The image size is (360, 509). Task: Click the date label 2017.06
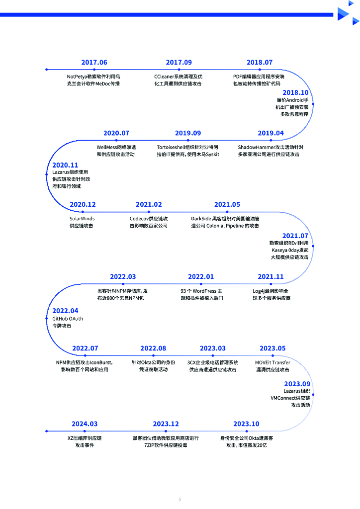(94, 63)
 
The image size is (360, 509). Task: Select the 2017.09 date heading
(179, 63)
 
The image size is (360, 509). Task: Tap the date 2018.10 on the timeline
(295, 92)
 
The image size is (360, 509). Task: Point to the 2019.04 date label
(270, 133)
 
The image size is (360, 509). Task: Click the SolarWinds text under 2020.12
(82, 219)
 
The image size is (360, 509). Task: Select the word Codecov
(139, 219)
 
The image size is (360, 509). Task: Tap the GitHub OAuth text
(68, 319)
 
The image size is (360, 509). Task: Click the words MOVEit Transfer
(272, 362)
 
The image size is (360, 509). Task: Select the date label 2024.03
(85, 424)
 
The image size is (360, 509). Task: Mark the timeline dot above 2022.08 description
(153, 356)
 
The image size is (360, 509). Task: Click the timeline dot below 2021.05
(227, 212)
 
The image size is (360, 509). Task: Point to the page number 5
(180, 499)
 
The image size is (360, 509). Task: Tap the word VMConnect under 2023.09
(284, 398)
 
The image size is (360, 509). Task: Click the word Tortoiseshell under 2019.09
(171, 148)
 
